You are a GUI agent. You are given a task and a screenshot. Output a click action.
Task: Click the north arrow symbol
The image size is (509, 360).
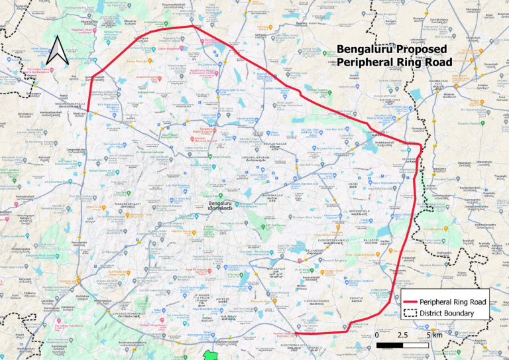(x=58, y=50)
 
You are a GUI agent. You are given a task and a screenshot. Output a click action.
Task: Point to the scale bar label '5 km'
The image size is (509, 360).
(x=435, y=335)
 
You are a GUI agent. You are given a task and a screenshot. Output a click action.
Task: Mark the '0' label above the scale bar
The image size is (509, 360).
(x=377, y=335)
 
